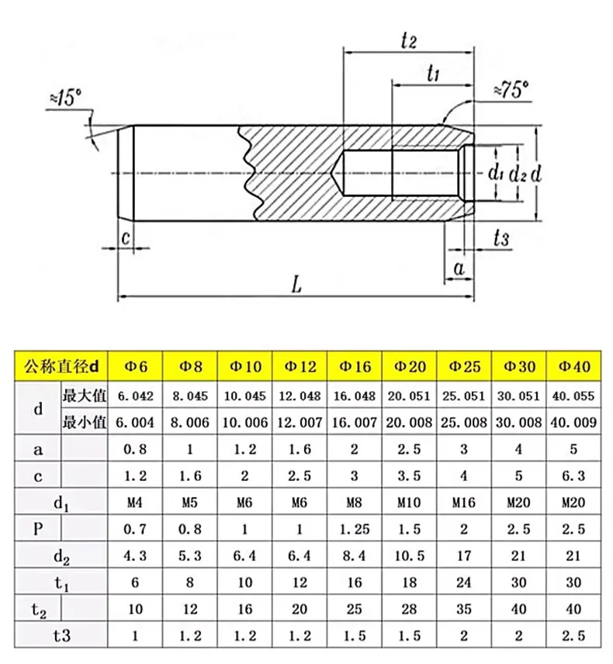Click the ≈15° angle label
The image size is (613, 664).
[x=66, y=97]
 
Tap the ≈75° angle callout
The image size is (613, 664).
[x=511, y=90]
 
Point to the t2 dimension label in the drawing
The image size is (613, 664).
[x=409, y=41]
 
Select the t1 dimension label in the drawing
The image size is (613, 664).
[x=433, y=74]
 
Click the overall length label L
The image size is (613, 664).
[x=296, y=284]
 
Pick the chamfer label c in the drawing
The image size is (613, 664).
[x=126, y=237]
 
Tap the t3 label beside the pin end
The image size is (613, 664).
[x=501, y=238]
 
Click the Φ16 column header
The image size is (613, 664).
[x=355, y=366]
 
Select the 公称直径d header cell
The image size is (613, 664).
[x=61, y=366]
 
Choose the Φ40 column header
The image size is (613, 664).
[x=574, y=366]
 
